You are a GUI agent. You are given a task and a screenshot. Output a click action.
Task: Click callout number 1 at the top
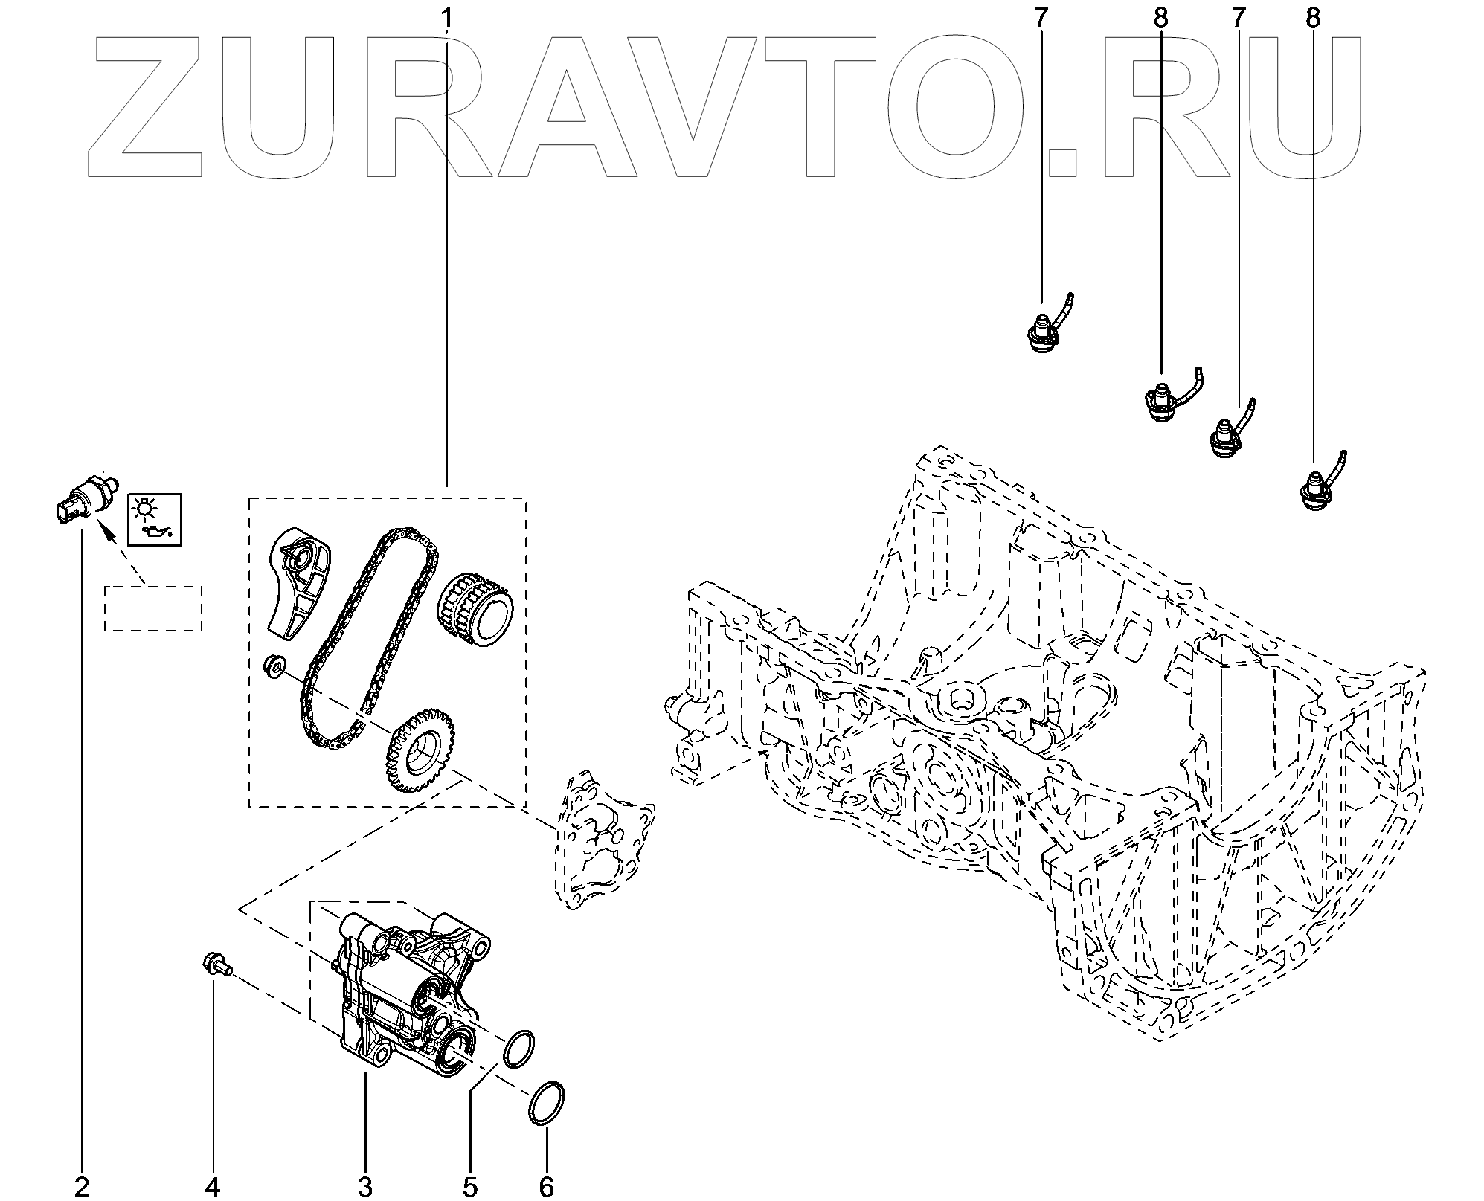click(446, 16)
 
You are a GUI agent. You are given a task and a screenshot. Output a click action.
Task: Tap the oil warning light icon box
click(155, 518)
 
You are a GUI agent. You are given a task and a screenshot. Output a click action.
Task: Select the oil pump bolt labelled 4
click(216, 965)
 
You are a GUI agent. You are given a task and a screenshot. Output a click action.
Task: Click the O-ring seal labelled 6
click(547, 1102)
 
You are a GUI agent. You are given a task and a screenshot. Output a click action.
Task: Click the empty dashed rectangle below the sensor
click(153, 608)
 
